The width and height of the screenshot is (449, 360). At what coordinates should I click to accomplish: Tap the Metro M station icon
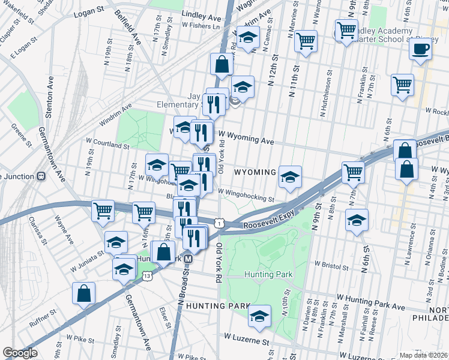point(188,259)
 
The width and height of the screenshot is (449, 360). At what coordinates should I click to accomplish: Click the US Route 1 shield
point(220,223)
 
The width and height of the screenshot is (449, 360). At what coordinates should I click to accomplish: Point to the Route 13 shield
point(148,275)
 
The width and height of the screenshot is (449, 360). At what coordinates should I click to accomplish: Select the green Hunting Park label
point(268,274)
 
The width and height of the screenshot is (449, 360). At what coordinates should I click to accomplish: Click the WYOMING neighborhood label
point(255,172)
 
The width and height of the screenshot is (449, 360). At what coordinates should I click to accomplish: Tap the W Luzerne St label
point(243,341)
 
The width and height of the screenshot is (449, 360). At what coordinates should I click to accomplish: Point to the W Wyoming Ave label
point(246,138)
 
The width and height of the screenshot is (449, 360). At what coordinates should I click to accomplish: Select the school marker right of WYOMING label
point(289,177)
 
